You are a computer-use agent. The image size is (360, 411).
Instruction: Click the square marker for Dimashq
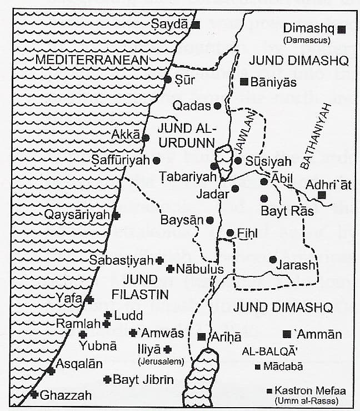tap(343, 29)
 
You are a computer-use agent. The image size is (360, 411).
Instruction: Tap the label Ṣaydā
tap(170, 24)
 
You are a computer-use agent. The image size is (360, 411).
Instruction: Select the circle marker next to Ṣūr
tap(168, 80)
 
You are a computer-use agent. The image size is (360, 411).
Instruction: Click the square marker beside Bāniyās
tap(243, 82)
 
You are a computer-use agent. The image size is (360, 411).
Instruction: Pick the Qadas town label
tap(192, 106)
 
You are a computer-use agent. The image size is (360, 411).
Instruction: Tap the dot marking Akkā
tap(146, 138)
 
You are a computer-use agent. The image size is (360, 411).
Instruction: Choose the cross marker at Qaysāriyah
tap(116, 215)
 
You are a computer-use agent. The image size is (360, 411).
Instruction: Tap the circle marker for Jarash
tap(273, 259)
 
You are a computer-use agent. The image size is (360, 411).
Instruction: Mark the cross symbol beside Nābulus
tap(170, 269)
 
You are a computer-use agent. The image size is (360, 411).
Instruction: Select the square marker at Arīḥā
tap(201, 336)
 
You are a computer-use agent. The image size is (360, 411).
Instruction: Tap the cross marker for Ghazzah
tap(35, 394)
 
